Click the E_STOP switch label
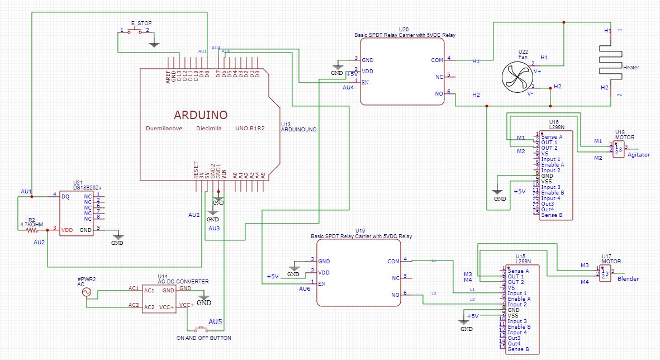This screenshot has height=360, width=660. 141,23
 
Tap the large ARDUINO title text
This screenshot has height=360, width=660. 201,115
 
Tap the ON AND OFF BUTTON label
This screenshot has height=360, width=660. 203,338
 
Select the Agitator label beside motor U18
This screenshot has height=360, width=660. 639,155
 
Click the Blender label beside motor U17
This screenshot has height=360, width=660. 628,278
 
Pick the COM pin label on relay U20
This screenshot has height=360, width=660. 437,60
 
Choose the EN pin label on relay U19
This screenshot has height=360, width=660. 322,283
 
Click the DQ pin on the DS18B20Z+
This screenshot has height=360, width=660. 65,196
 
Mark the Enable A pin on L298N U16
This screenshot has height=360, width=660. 552,165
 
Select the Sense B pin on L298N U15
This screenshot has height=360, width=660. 519,349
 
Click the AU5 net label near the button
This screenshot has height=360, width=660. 215,322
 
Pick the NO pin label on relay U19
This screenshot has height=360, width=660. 396,295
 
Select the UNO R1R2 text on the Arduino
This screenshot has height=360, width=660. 250,128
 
